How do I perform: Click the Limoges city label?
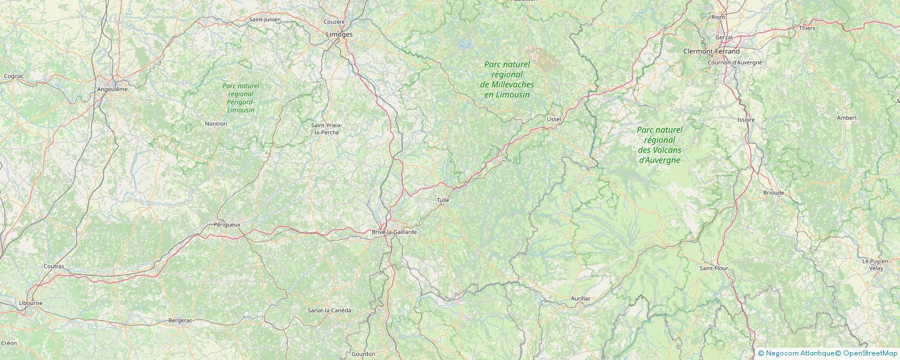point(339,34)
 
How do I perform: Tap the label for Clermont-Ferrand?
point(711,51)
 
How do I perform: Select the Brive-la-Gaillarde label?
point(394,232)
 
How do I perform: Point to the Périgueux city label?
point(227,224)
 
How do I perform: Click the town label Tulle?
point(443,200)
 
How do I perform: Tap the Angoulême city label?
point(112,89)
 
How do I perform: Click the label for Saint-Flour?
point(713,268)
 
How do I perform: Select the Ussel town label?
point(554,119)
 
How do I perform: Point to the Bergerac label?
point(180,321)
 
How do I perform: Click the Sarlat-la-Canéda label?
point(329,310)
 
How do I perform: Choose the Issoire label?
point(746,120)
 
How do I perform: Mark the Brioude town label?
point(773,192)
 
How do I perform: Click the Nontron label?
point(216,124)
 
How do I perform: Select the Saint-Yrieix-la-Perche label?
point(327,128)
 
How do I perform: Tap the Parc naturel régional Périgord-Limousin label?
point(241,98)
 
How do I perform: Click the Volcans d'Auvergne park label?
point(660,145)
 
